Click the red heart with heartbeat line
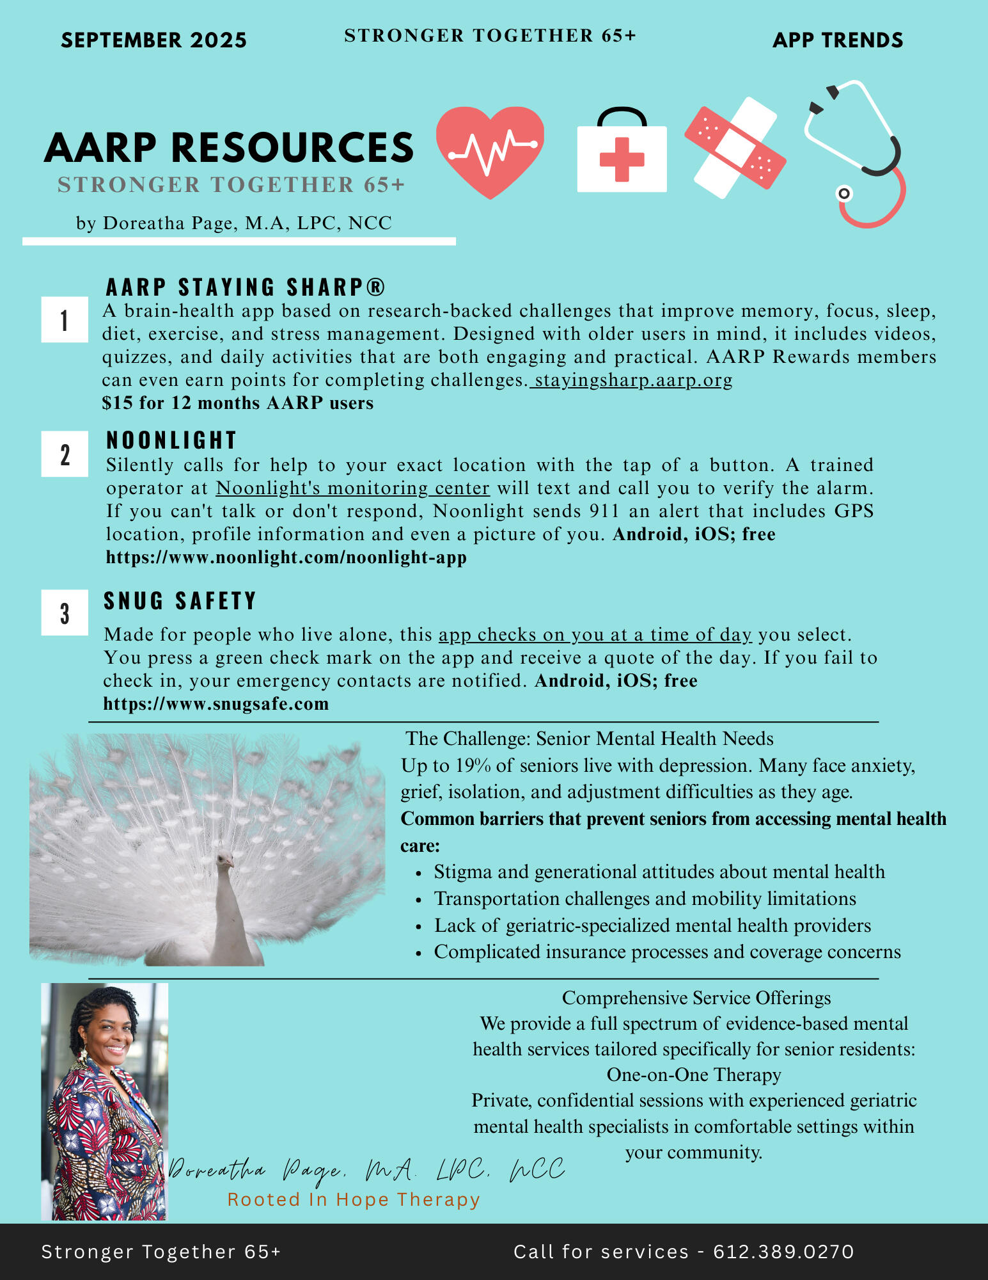pos(490,151)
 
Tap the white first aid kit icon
pos(622,154)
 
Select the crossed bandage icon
pos(735,148)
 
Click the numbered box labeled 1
pos(65,319)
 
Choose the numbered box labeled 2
pos(65,454)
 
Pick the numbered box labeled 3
pos(65,612)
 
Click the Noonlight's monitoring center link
pos(352,488)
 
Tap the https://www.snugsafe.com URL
pos(216,704)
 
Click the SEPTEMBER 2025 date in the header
pos(153,40)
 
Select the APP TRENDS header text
pos(838,40)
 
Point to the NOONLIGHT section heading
pos(171,440)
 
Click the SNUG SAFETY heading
pos(180,601)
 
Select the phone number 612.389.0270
pos(783,1252)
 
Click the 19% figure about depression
pos(472,765)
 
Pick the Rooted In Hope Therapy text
pos(354,1199)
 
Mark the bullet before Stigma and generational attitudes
pos(418,873)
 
